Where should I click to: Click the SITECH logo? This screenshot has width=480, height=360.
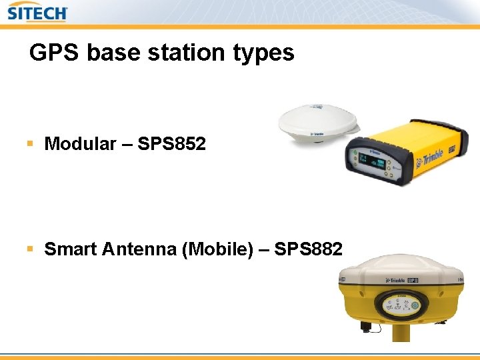click(x=38, y=12)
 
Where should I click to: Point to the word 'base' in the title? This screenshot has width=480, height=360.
click(x=118, y=52)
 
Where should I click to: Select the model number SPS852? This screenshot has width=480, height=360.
click(x=172, y=143)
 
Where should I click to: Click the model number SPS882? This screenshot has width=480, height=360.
click(x=309, y=249)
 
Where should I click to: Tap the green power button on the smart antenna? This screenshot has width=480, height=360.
click(x=414, y=306)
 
